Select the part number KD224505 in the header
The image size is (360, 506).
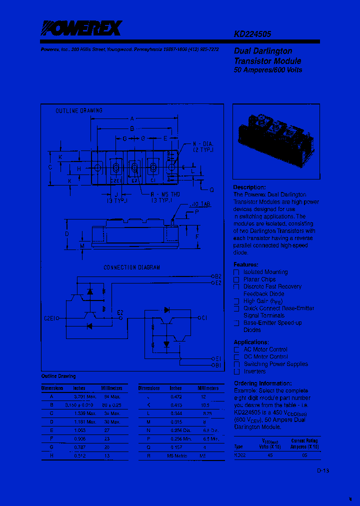(252, 34)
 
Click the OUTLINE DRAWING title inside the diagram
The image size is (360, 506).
(79, 110)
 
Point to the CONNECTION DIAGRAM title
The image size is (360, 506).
(132, 267)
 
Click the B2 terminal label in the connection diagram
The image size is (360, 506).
(218, 276)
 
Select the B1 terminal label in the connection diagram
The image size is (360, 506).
(218, 365)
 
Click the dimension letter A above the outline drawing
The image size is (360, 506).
(132, 118)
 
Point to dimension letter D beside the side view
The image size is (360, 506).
(66, 233)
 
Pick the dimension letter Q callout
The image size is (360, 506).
(211, 190)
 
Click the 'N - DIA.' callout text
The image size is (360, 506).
(203, 144)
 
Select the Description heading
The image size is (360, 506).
(249, 187)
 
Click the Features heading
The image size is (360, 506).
(246, 264)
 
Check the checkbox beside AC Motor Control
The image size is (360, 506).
(236, 350)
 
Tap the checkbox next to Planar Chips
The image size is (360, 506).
(236, 279)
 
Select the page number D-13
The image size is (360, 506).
(323, 471)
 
